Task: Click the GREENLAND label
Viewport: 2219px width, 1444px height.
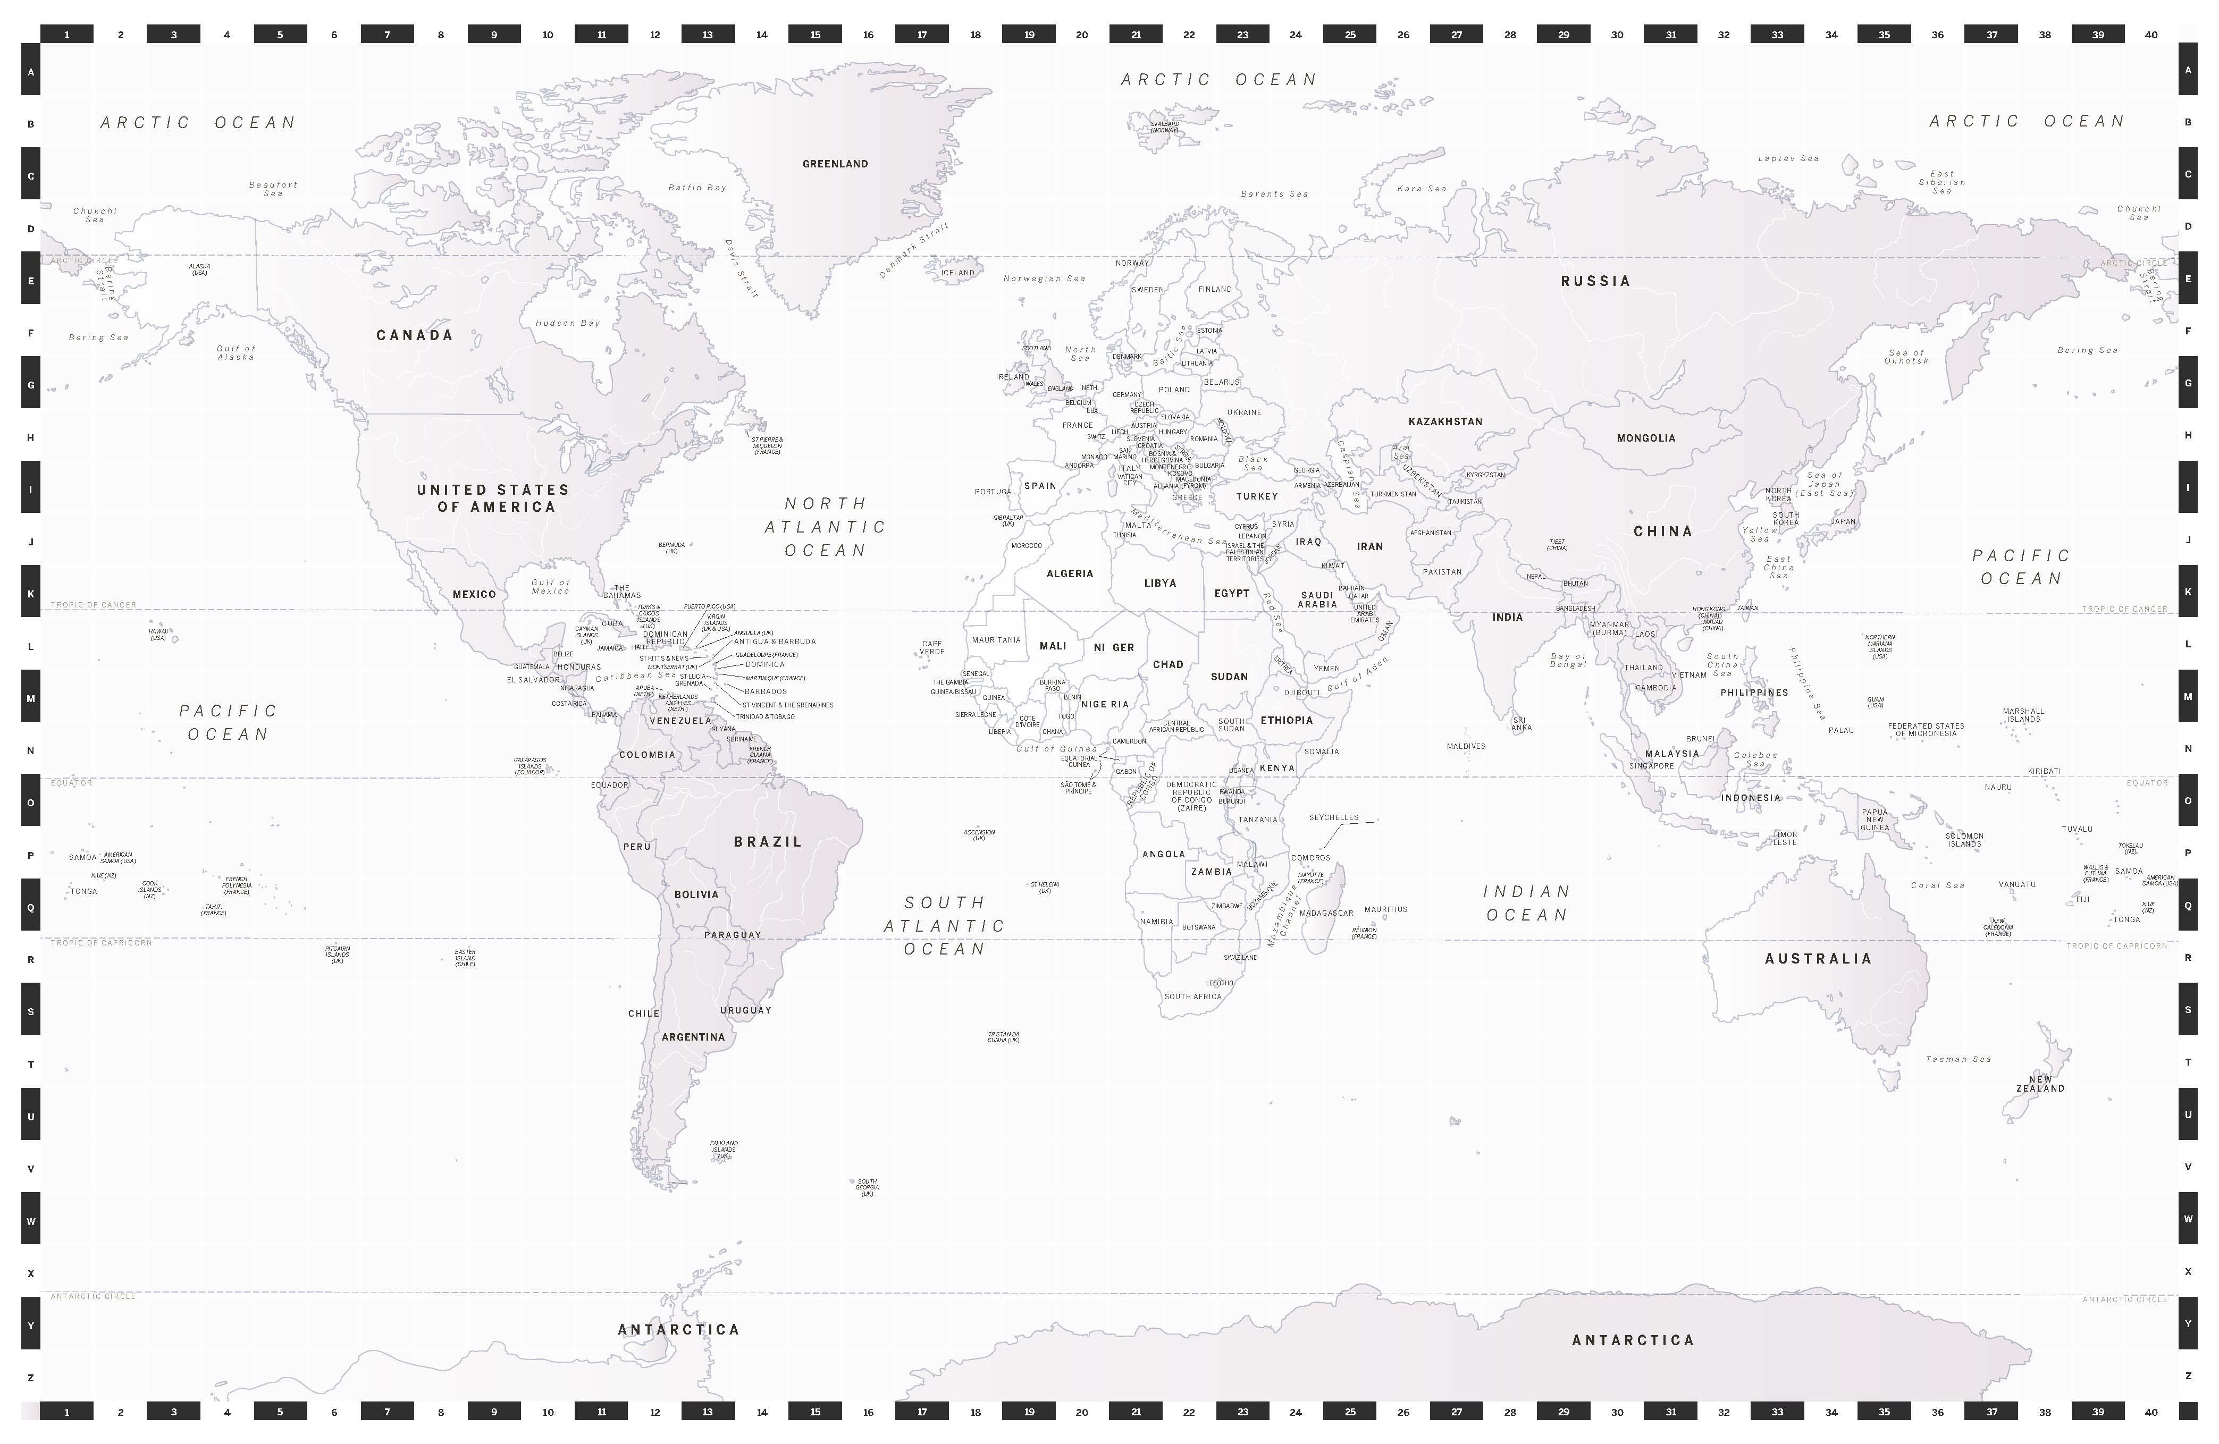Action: (x=835, y=164)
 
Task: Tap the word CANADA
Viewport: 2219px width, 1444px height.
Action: (x=414, y=335)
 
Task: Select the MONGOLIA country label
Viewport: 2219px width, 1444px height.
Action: (x=1645, y=438)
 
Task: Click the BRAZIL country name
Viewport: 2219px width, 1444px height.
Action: (x=767, y=842)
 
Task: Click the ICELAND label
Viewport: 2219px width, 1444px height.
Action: (x=957, y=273)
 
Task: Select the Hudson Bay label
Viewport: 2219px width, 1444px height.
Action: (x=567, y=324)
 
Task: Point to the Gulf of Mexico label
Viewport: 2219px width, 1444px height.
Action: (x=550, y=586)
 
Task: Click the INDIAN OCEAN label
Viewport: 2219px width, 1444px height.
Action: (x=1526, y=903)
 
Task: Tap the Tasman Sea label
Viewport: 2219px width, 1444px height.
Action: (x=1958, y=1059)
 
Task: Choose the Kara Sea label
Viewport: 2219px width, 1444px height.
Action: (x=1421, y=188)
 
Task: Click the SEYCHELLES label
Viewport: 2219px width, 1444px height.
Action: (x=1333, y=817)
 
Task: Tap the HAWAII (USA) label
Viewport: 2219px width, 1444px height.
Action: (x=158, y=635)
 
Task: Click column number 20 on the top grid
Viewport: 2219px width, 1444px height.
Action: (x=1081, y=35)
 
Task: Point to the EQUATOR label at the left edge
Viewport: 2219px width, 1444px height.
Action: (x=72, y=783)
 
